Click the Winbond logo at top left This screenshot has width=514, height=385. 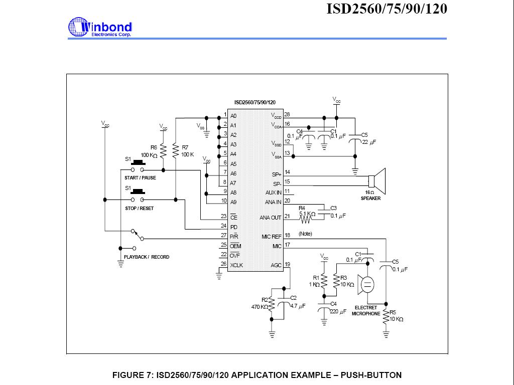point(100,28)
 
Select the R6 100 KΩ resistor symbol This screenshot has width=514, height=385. point(163,149)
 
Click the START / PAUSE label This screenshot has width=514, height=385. point(140,178)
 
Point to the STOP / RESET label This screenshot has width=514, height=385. point(139,209)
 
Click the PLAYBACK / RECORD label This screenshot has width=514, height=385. point(147,257)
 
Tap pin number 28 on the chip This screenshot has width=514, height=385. point(287,115)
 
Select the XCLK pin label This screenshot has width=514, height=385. point(237,265)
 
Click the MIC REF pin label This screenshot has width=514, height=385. point(272,236)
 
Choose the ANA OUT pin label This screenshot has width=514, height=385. point(271,218)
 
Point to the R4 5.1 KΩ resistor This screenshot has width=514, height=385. point(307,217)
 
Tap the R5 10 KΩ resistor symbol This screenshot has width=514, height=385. point(386,318)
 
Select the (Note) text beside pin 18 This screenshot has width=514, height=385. point(305,234)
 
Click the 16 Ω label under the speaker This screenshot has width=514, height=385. point(370,192)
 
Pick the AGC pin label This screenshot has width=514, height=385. point(276,265)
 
